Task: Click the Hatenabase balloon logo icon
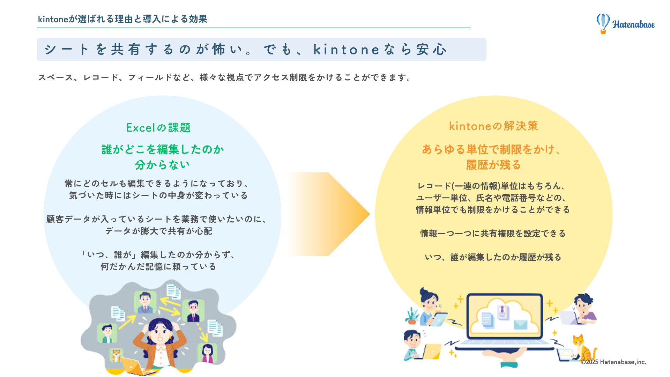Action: point(603,23)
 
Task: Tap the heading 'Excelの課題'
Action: point(158,128)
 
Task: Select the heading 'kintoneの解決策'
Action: point(493,126)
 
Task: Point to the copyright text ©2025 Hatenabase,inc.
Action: point(613,362)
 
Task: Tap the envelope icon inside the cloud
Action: point(520,325)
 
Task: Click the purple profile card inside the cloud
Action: point(502,312)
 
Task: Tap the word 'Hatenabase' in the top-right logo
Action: point(633,24)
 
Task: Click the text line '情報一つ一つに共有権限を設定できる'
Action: point(493,234)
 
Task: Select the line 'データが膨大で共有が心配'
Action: point(158,231)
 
